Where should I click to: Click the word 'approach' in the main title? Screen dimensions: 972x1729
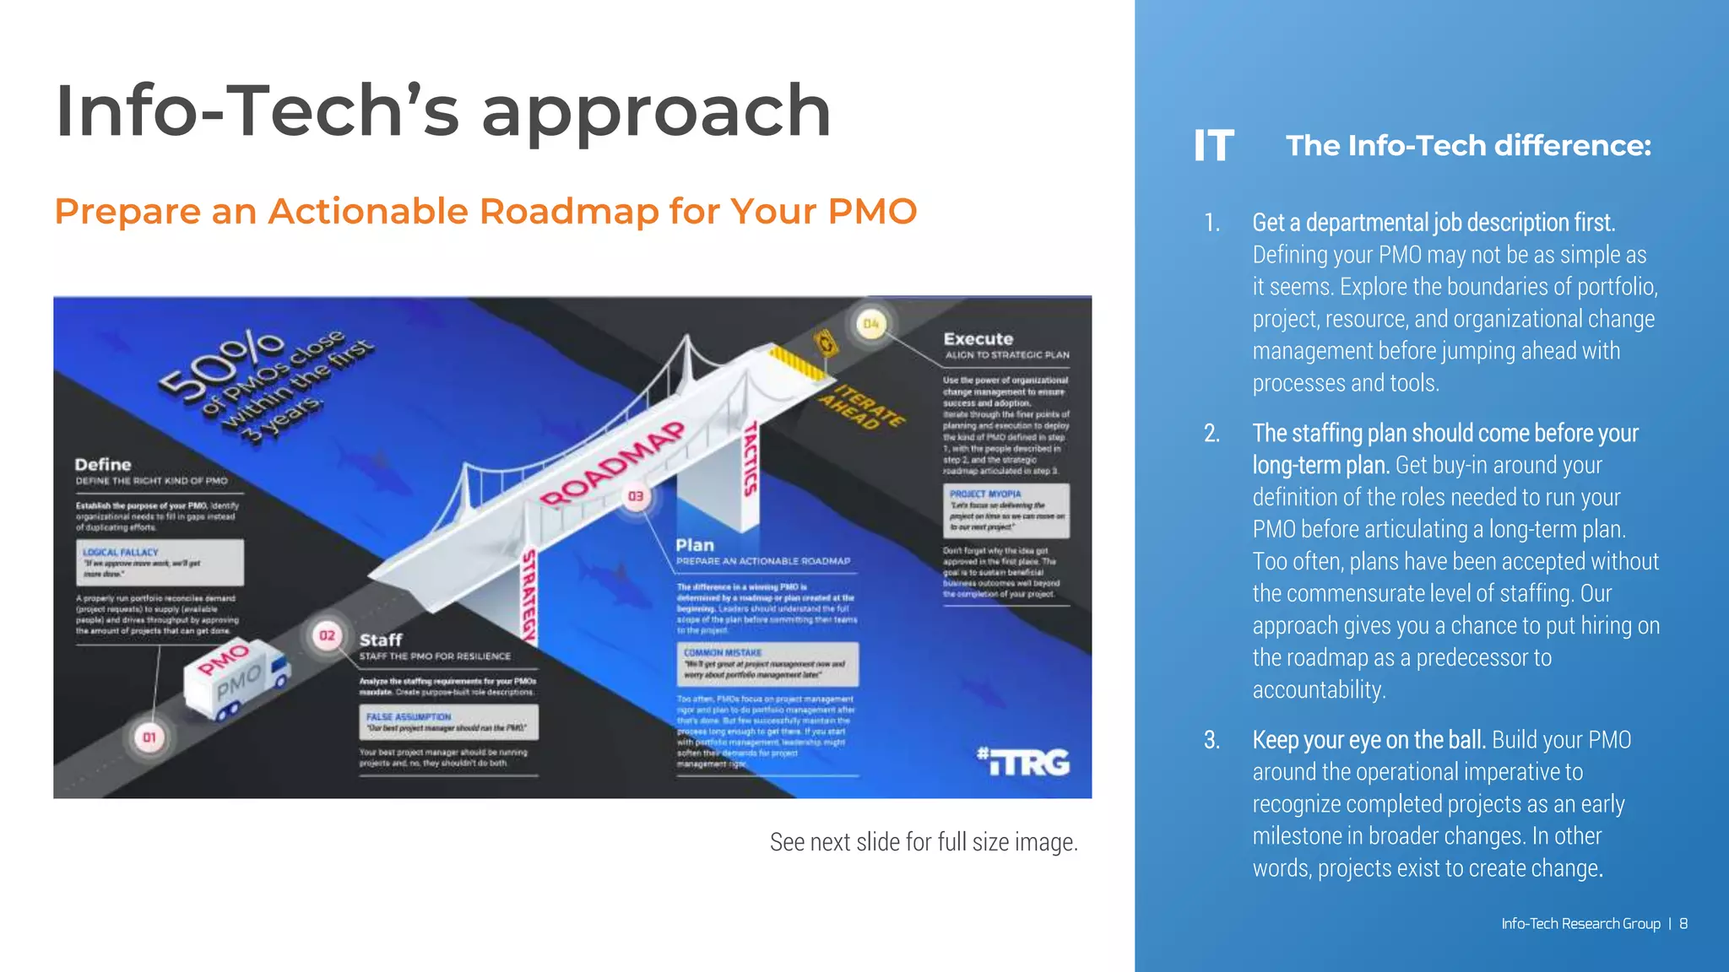[x=656, y=114]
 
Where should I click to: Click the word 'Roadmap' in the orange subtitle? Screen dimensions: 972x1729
[x=569, y=211]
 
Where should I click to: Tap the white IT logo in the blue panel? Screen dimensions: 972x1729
[x=1214, y=146]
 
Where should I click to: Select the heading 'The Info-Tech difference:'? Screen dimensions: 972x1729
[x=1468, y=146]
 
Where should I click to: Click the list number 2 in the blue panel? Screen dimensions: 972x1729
[x=1211, y=434]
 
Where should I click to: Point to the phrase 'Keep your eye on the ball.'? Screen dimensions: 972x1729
[x=1369, y=740]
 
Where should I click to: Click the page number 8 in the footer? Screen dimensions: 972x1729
[x=1683, y=924]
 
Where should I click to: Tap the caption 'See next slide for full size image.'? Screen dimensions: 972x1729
[x=924, y=842]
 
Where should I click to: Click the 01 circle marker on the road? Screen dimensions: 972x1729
[x=149, y=737]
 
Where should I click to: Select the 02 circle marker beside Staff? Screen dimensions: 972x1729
[x=327, y=635]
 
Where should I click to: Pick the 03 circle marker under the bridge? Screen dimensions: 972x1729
[x=636, y=496]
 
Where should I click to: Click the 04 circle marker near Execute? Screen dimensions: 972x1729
[x=870, y=324]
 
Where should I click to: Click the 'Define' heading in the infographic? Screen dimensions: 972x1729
[x=103, y=465]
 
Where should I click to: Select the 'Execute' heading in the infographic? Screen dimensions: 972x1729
[x=978, y=339]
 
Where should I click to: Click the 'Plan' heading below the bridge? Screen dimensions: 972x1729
[x=695, y=546]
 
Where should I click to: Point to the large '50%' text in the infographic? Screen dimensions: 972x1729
[x=221, y=363]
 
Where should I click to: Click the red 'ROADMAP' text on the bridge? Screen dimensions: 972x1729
[x=612, y=464]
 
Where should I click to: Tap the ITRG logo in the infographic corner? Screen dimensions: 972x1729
[x=1023, y=762]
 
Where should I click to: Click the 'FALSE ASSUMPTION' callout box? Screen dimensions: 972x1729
[x=447, y=722]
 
